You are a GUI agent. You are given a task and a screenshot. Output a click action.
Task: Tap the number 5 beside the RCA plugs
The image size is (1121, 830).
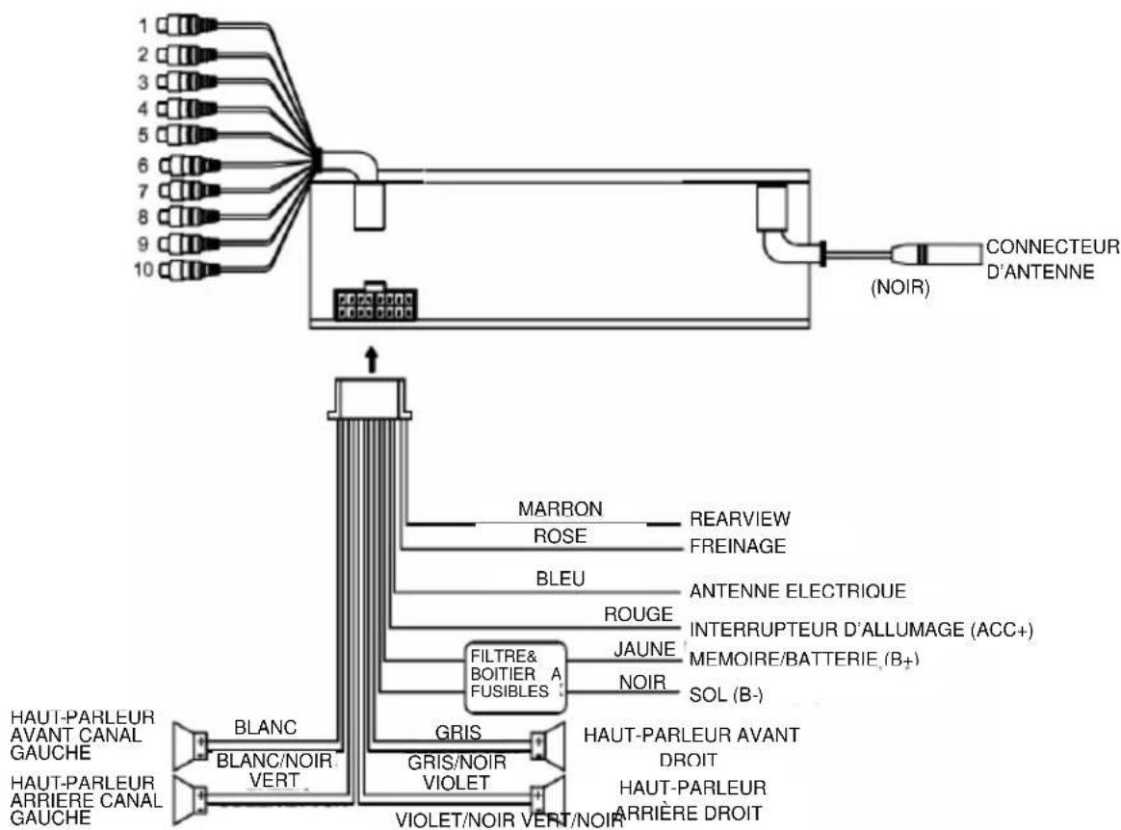142,134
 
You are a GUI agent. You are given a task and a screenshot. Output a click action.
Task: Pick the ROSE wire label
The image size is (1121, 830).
560,535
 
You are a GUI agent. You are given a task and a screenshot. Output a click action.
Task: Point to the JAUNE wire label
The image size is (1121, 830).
645,650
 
